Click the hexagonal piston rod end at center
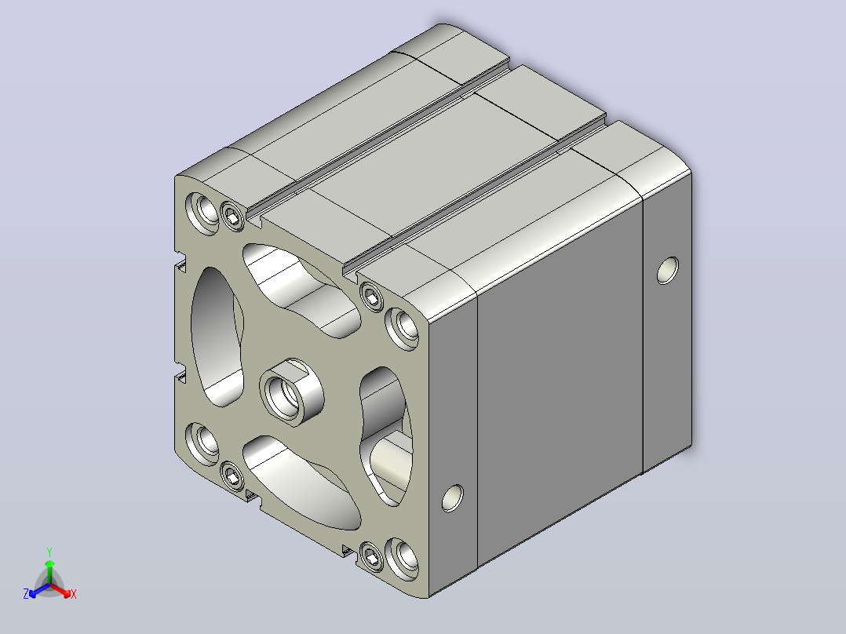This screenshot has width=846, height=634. coord(291,392)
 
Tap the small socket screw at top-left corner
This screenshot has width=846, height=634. coord(233,217)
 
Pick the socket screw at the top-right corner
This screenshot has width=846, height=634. coord(372,296)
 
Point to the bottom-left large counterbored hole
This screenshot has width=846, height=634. coord(202,443)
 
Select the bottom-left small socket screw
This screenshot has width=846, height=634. coord(232,476)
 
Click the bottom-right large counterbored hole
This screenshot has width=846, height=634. coord(403,559)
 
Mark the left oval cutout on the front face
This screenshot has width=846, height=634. coord(217,337)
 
